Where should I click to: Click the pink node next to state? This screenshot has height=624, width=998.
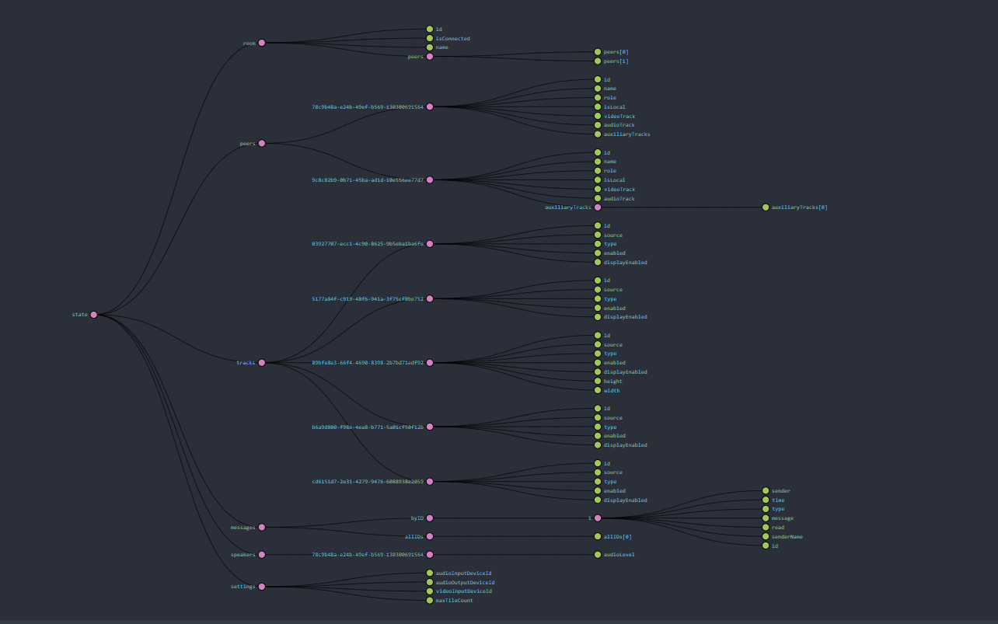click(x=94, y=315)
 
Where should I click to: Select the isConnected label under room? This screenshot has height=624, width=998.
click(x=452, y=38)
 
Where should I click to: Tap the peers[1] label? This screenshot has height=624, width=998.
click(x=616, y=61)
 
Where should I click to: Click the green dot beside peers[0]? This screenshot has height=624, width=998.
click(x=598, y=52)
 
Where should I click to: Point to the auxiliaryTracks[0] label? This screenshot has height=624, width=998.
click(x=799, y=207)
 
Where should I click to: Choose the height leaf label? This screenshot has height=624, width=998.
click(x=612, y=381)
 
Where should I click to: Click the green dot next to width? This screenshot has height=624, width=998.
click(x=598, y=390)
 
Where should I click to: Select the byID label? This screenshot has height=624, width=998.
click(x=417, y=518)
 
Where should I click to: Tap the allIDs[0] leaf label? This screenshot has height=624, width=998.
click(x=617, y=536)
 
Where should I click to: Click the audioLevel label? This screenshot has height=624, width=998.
click(x=619, y=554)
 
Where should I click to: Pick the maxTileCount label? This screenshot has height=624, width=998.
click(x=454, y=600)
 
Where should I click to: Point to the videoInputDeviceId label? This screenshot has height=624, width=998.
click(x=463, y=591)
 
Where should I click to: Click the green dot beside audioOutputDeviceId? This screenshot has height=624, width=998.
click(x=430, y=582)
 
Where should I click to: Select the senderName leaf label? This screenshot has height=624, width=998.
click(x=787, y=536)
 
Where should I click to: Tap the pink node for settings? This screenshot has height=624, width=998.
click(x=262, y=587)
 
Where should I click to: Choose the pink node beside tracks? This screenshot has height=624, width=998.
click(x=262, y=363)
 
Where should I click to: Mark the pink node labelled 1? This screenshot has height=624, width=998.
click(x=598, y=518)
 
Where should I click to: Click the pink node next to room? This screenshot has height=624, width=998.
click(x=262, y=43)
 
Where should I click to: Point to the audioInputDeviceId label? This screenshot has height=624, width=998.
click(x=463, y=573)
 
